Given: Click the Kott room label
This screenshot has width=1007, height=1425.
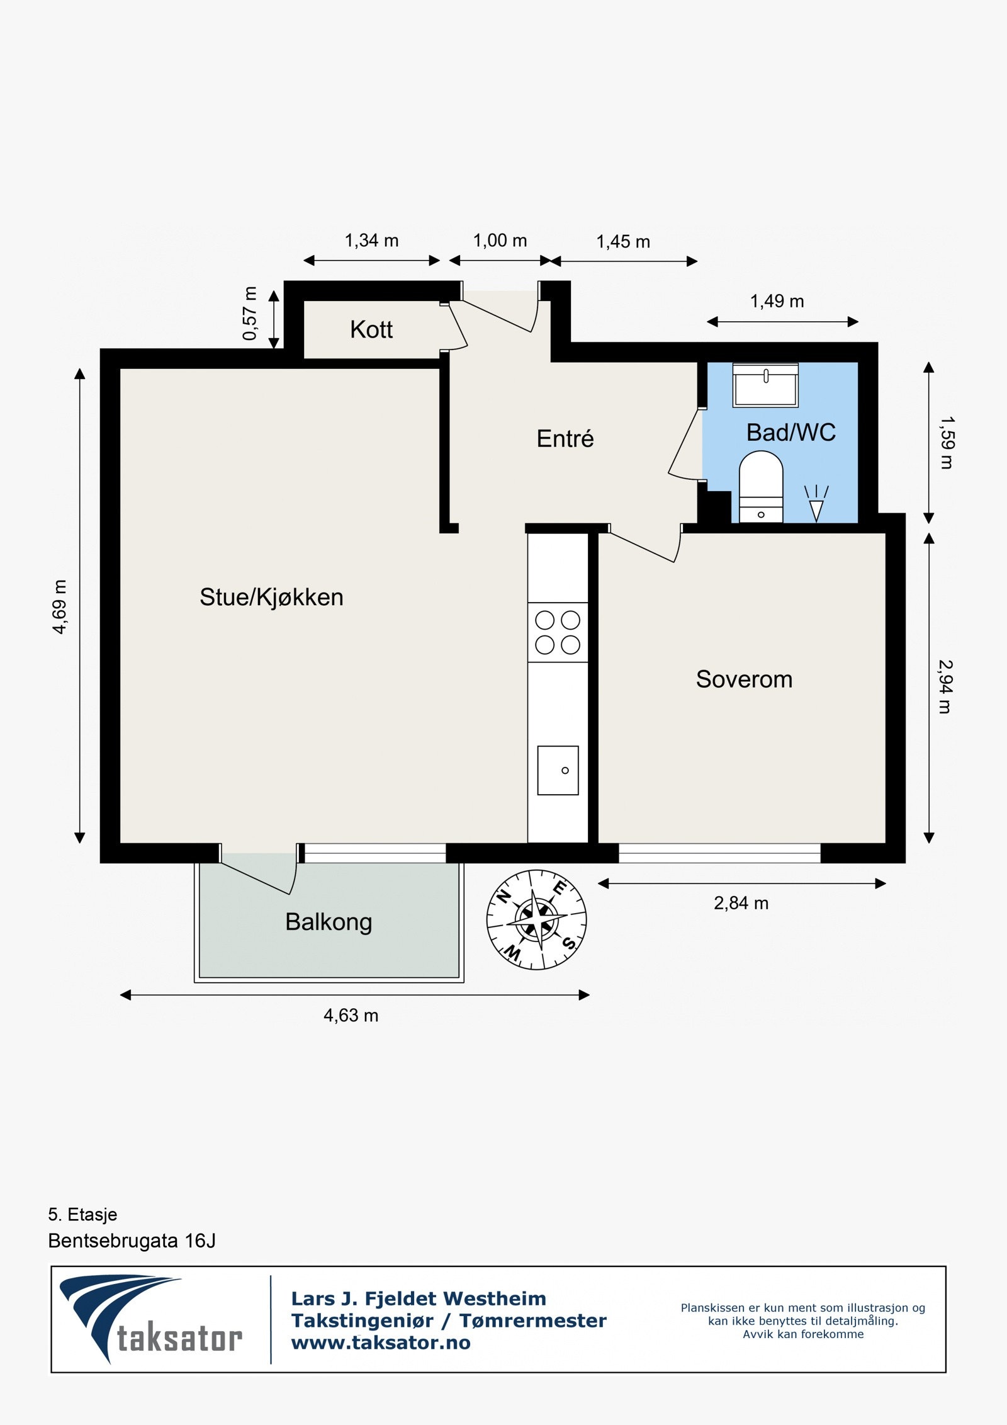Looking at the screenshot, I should tap(371, 329).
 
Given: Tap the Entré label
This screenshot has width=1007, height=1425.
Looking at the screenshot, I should tap(565, 439).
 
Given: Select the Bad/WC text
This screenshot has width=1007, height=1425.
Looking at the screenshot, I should tap(790, 433).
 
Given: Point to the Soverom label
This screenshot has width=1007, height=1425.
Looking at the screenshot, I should tap(744, 679).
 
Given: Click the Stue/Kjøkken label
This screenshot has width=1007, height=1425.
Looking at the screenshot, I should tap(271, 597).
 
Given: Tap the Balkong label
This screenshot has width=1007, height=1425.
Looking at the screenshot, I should tap(329, 922).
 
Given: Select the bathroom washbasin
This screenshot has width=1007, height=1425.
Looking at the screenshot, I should tap(765, 385).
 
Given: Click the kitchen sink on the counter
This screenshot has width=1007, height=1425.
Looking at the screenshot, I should tap(558, 770).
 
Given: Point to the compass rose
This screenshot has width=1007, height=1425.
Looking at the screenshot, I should tap(536, 919).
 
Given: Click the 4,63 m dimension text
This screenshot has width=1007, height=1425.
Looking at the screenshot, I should tap(351, 1016).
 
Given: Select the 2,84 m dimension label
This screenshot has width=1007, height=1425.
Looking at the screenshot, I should tap(741, 904).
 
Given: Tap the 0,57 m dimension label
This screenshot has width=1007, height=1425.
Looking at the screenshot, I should tap(250, 313).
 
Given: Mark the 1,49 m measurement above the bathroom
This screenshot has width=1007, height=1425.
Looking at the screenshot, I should tap(777, 302).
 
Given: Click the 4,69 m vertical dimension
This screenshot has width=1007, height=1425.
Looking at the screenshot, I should tap(59, 606).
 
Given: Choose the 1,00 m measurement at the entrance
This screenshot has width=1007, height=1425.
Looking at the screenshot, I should tap(500, 241).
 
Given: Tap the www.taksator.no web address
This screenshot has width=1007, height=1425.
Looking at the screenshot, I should tap(381, 1343).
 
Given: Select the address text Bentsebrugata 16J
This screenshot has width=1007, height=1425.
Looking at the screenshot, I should tap(132, 1240).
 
